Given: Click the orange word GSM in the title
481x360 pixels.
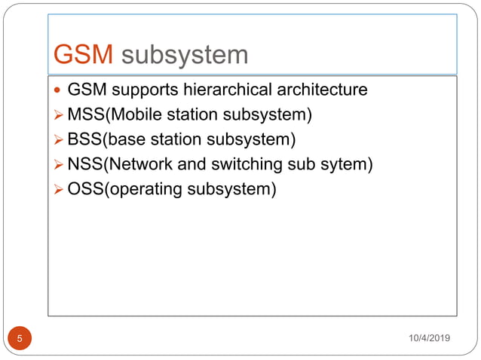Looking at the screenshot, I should click(84, 55).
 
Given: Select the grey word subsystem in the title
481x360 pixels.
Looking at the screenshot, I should click(184, 55).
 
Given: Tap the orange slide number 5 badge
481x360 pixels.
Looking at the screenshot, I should click(20, 338).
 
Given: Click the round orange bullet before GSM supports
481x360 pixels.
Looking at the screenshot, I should click(60, 91).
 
